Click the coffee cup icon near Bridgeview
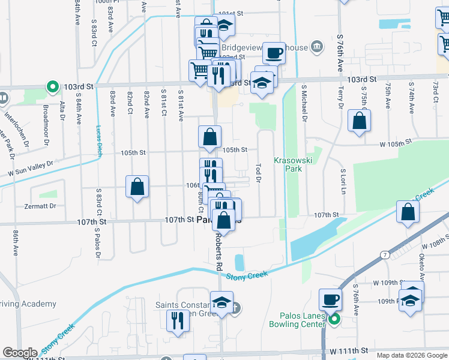click(x=274, y=53)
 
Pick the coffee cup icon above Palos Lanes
click(x=331, y=299)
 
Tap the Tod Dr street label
click(x=259, y=172)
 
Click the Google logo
click(x=19, y=353)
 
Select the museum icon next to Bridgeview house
click(x=317, y=46)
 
